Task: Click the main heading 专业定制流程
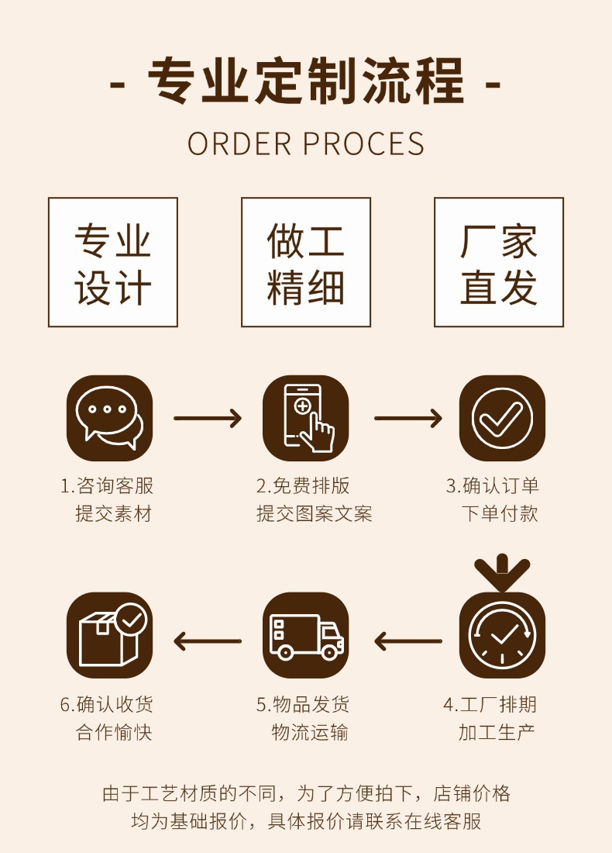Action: pos(305,82)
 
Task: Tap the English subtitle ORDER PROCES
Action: pos(306,144)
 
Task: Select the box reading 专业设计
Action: pos(113,262)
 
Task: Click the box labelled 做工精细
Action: pos(306,262)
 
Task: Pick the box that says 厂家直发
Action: pos(499,262)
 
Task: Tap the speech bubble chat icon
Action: pos(110,418)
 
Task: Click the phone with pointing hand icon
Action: pos(306,418)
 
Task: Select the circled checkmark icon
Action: pos(502,418)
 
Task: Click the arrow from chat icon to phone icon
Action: pos(208,419)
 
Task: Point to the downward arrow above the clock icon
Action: pos(502,572)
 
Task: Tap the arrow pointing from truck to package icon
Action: pos(208,641)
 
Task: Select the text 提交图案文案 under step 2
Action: pos(315,513)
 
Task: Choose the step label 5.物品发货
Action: pos(303,704)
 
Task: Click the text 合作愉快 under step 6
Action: pos(114,732)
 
